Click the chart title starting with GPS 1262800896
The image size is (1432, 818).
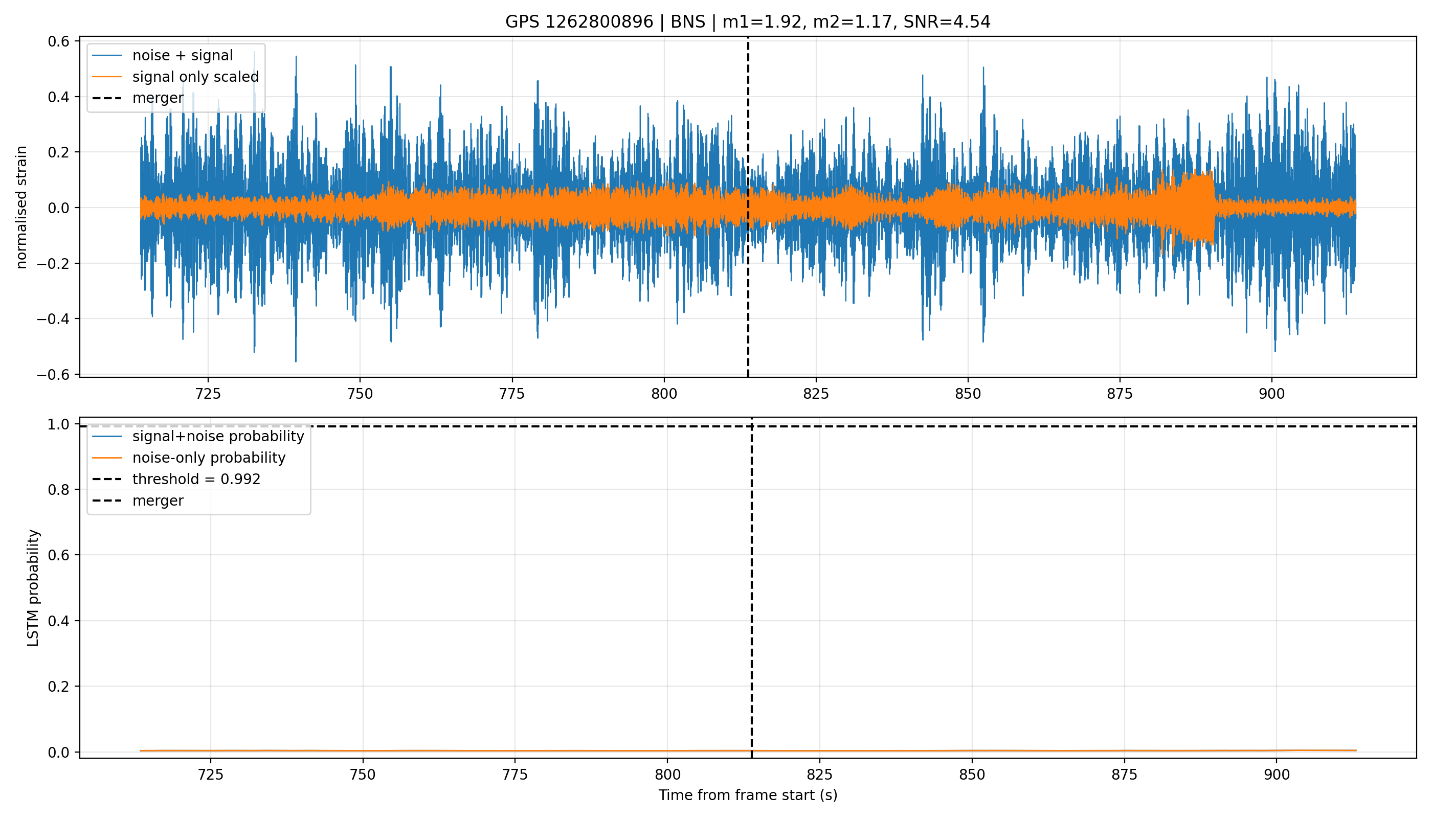(x=748, y=22)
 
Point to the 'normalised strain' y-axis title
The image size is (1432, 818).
(x=21, y=207)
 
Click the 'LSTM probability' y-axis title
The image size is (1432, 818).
(x=34, y=587)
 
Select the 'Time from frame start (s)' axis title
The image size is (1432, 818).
(x=748, y=795)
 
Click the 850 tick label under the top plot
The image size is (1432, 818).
(x=968, y=394)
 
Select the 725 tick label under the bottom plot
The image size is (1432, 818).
(x=210, y=775)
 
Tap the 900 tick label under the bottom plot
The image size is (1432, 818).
(x=1277, y=775)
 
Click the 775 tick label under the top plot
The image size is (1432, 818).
(x=512, y=394)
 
